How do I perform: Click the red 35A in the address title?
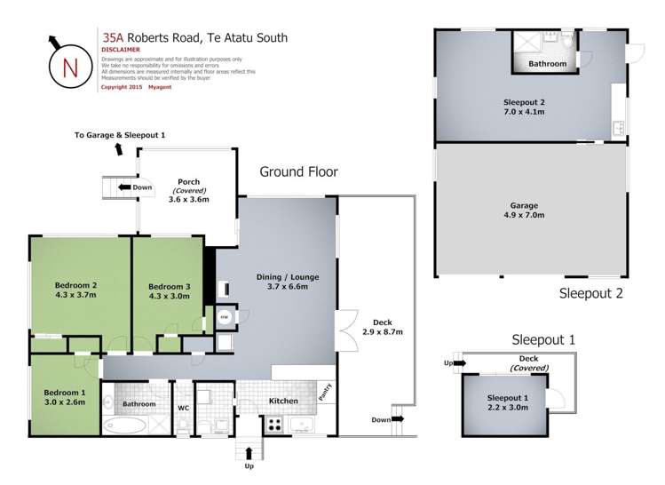(113, 38)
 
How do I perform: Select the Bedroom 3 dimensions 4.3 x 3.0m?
(169, 298)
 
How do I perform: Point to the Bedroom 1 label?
(64, 393)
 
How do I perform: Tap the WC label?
(183, 407)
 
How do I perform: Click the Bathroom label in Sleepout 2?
(547, 64)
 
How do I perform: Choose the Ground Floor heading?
(297, 171)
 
